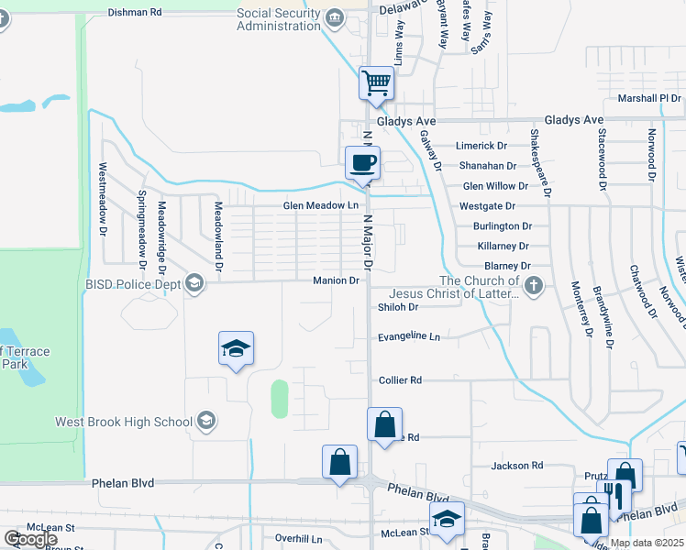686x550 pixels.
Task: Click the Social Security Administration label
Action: [279, 19]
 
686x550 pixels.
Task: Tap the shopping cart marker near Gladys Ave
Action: [376, 83]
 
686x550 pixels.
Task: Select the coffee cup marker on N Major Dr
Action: [362, 163]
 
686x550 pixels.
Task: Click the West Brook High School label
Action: [124, 422]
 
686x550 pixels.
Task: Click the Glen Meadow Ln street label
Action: [320, 206]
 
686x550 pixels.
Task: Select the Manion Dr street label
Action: [335, 280]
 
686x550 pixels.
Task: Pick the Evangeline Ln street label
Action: [409, 337]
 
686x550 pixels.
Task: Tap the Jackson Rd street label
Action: [517, 466]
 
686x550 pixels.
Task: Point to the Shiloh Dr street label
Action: [398, 308]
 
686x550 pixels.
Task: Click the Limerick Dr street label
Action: [482, 146]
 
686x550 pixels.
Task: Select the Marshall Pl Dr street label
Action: [649, 98]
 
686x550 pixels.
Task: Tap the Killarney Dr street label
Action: [503, 247]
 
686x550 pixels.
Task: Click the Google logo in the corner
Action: [30, 539]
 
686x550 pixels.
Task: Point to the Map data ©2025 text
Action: [646, 543]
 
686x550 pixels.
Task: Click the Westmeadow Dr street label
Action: [102, 198]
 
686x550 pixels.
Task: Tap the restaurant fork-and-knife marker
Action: [614, 497]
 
